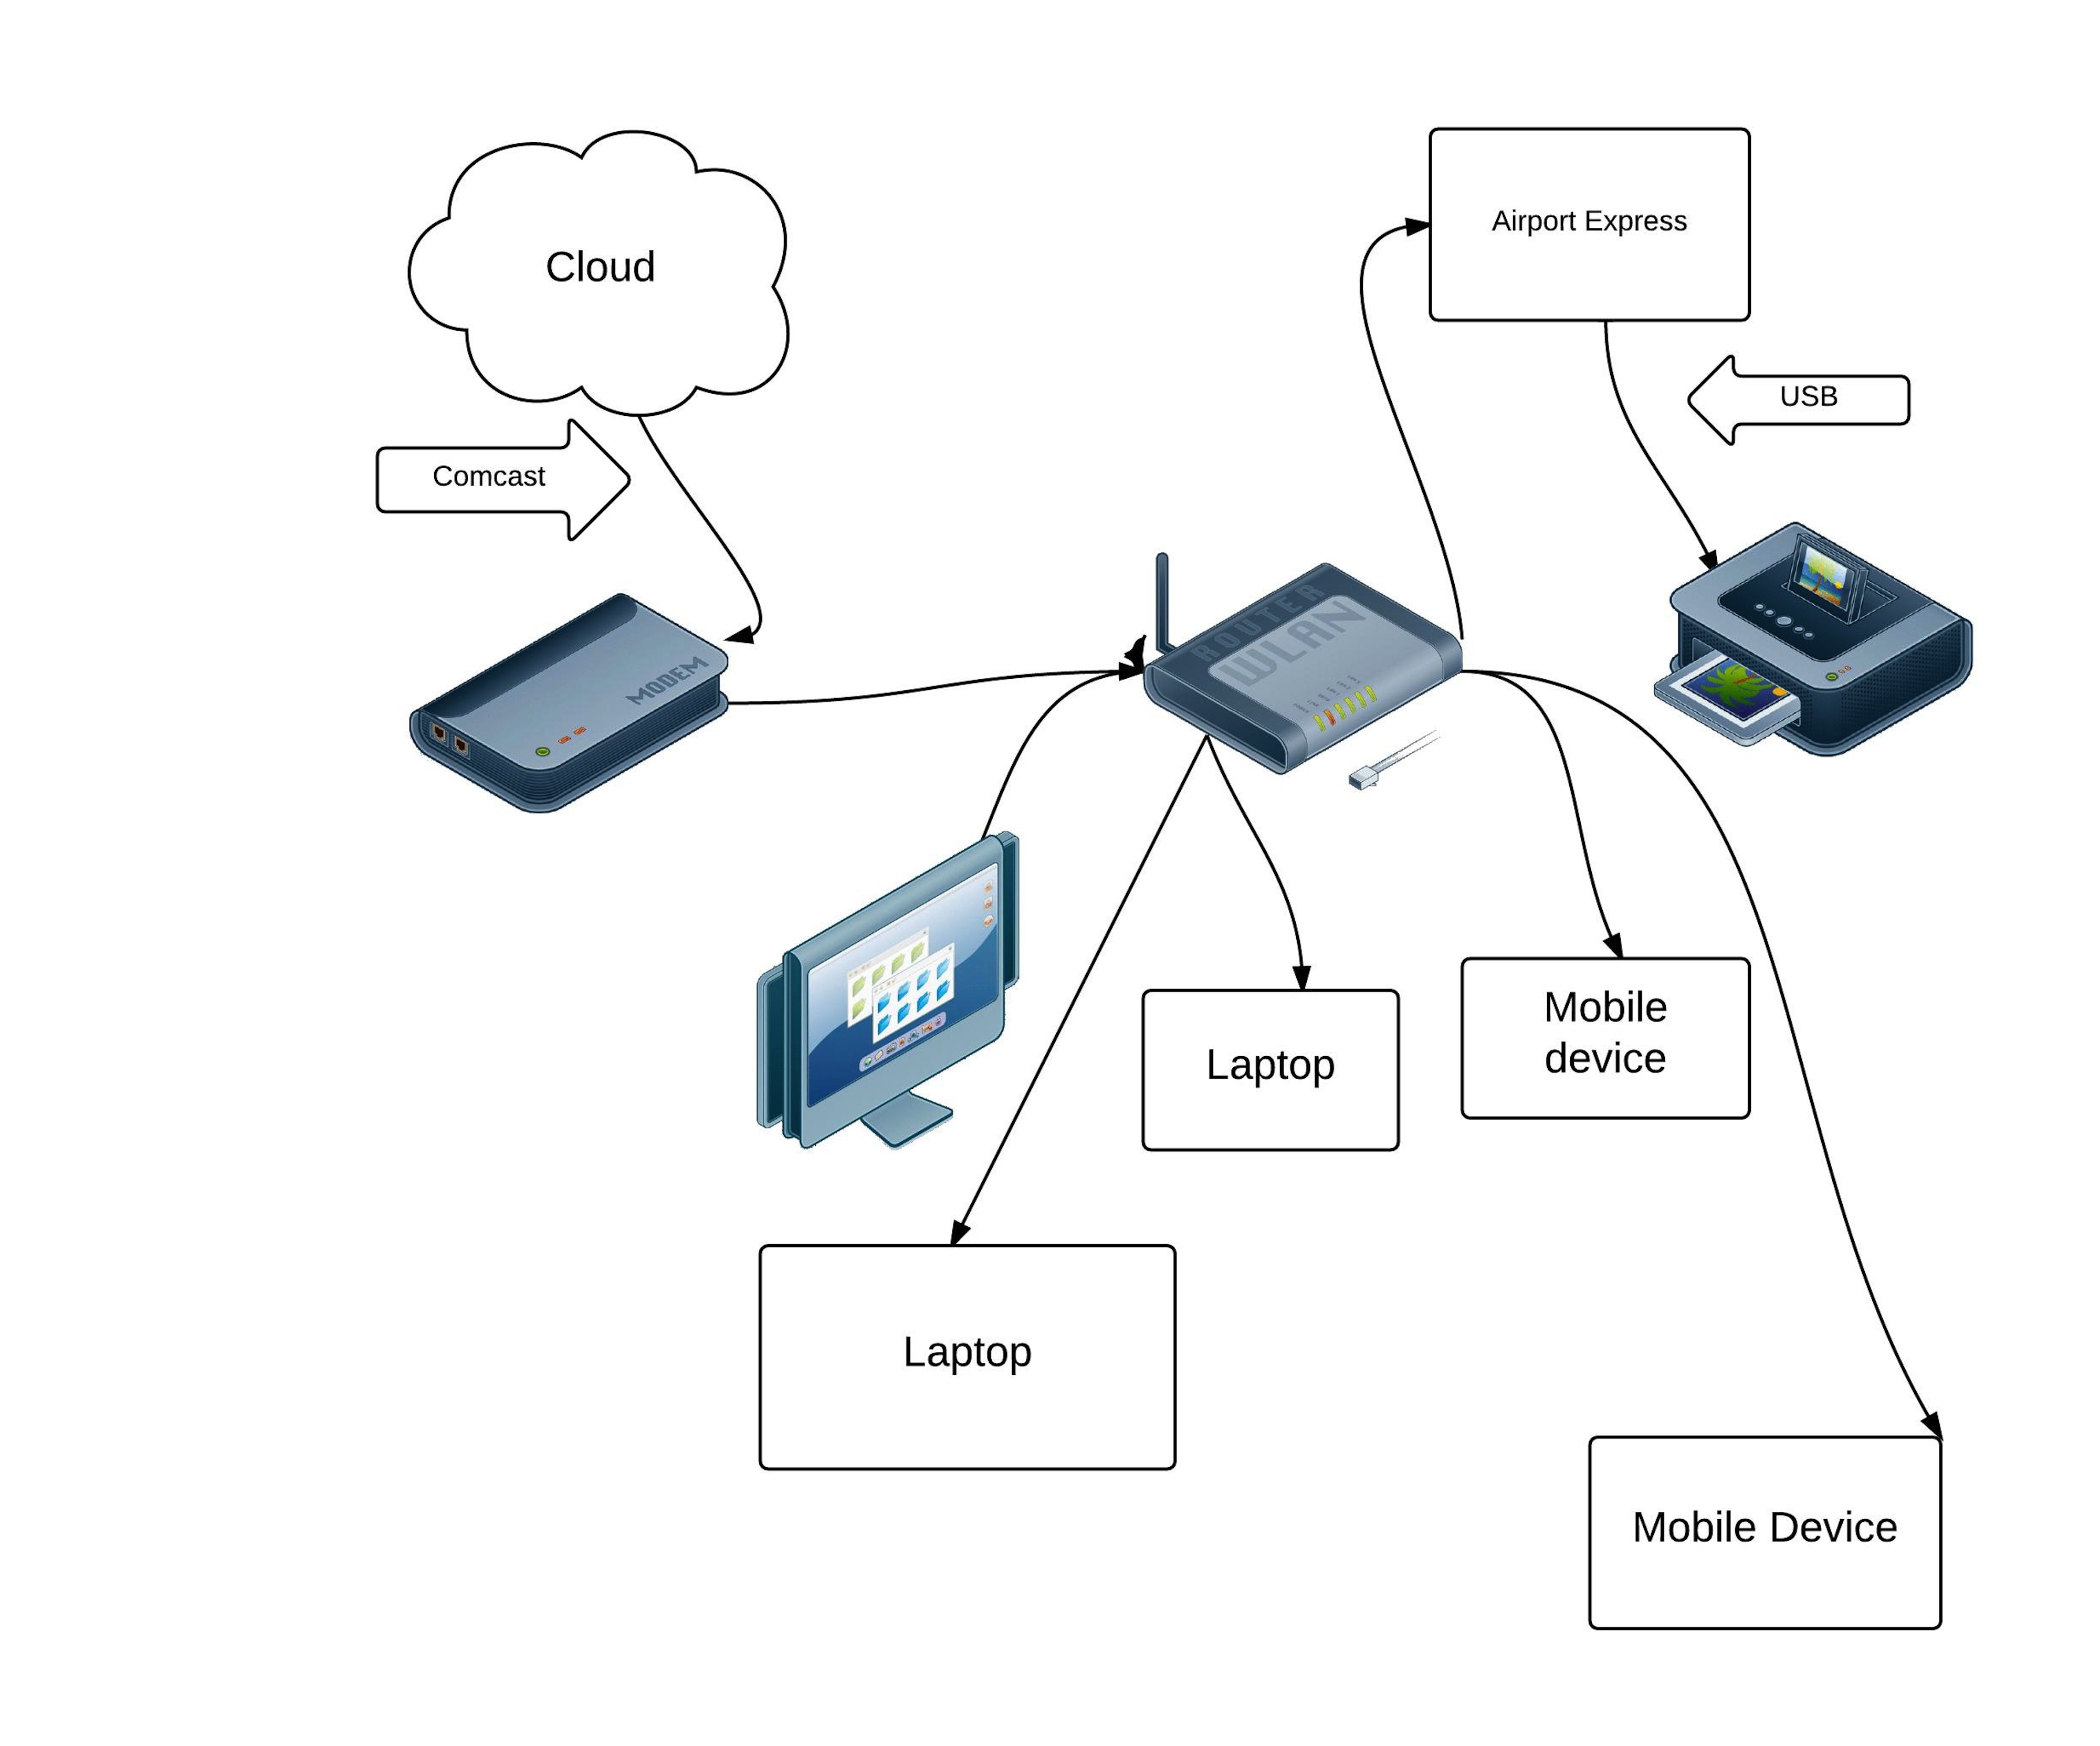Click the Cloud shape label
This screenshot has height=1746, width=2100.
point(600,267)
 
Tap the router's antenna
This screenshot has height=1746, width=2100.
point(1162,600)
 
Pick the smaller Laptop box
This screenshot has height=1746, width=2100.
point(1270,1070)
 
